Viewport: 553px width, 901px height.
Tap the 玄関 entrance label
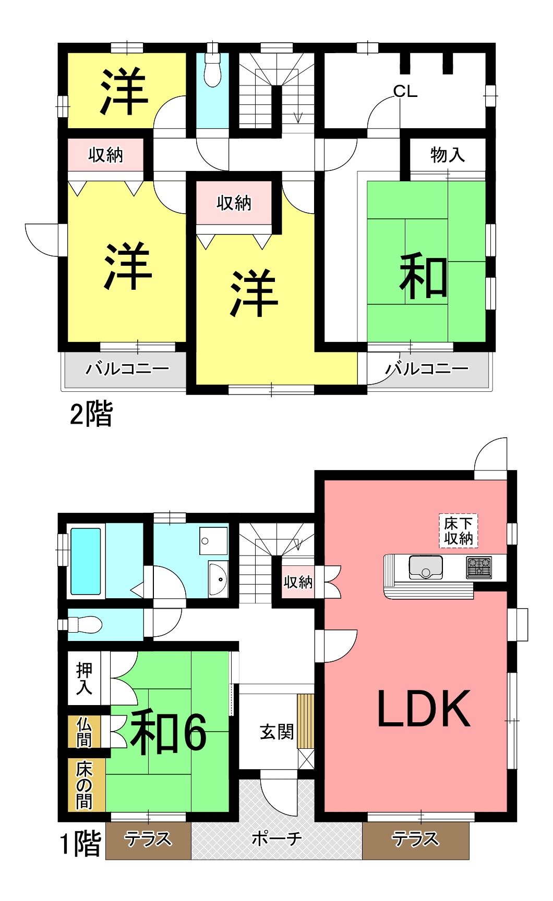coord(276,732)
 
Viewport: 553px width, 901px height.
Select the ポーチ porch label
coord(276,838)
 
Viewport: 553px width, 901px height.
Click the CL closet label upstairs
coord(405,92)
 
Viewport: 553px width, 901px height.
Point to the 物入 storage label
coord(447,155)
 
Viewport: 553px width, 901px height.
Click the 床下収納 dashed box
coord(459,531)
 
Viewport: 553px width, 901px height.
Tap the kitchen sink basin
coord(426,567)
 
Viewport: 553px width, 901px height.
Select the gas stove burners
coord(479,567)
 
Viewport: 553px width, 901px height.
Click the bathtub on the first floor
coord(86,561)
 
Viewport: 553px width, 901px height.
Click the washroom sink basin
coord(218,578)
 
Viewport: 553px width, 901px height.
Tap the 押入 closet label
coord(84,678)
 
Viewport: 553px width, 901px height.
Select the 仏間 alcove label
coord(84,732)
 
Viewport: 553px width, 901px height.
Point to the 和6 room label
coord(169,732)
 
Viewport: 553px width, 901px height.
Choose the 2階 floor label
coord(91,414)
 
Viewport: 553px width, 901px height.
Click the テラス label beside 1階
coord(148,839)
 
